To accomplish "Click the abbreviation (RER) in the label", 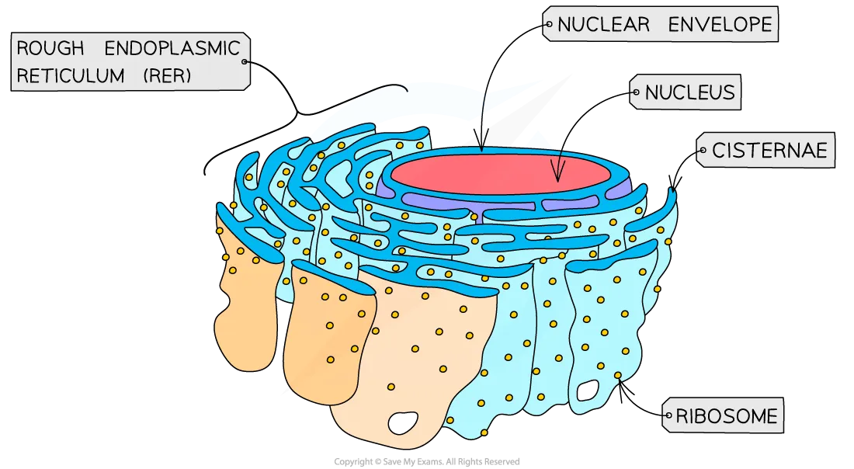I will tap(165, 75).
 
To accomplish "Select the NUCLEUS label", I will tap(689, 93).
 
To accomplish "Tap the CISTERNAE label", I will tap(769, 150).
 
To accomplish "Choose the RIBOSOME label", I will tap(727, 416).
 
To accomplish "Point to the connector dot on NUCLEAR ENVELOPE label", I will tap(549, 25).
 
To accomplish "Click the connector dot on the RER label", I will tap(245, 62).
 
